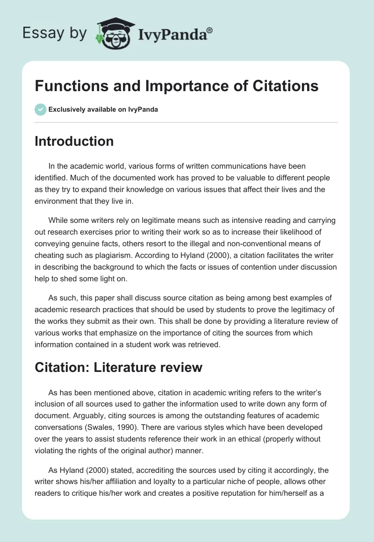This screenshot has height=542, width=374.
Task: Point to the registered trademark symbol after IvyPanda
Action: pyautogui.click(x=209, y=30)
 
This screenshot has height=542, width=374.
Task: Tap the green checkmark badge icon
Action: pyautogui.click(x=40, y=110)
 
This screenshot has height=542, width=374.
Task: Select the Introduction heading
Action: pyautogui.click(x=74, y=141)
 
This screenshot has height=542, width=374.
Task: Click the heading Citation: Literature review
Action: pyautogui.click(x=118, y=367)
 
